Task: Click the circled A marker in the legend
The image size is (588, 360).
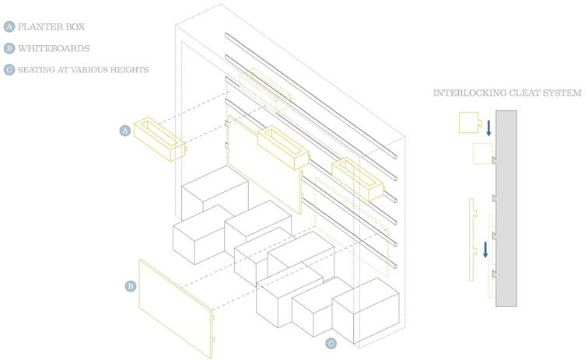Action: [x=9, y=26]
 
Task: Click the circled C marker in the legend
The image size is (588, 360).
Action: [x=9, y=70]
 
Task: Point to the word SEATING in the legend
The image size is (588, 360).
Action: [x=36, y=70]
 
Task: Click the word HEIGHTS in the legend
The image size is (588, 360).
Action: [x=129, y=70]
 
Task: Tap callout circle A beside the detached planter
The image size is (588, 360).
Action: [x=124, y=131]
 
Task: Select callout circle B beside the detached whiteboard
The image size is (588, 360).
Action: [x=130, y=286]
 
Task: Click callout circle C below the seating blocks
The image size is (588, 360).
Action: [x=331, y=342]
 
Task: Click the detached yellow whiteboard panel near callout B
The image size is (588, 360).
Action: [x=175, y=307]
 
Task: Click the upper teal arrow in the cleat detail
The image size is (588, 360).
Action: [x=488, y=128]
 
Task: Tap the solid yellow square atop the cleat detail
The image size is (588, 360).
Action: [x=469, y=123]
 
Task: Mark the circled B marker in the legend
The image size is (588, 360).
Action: [x=9, y=48]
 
